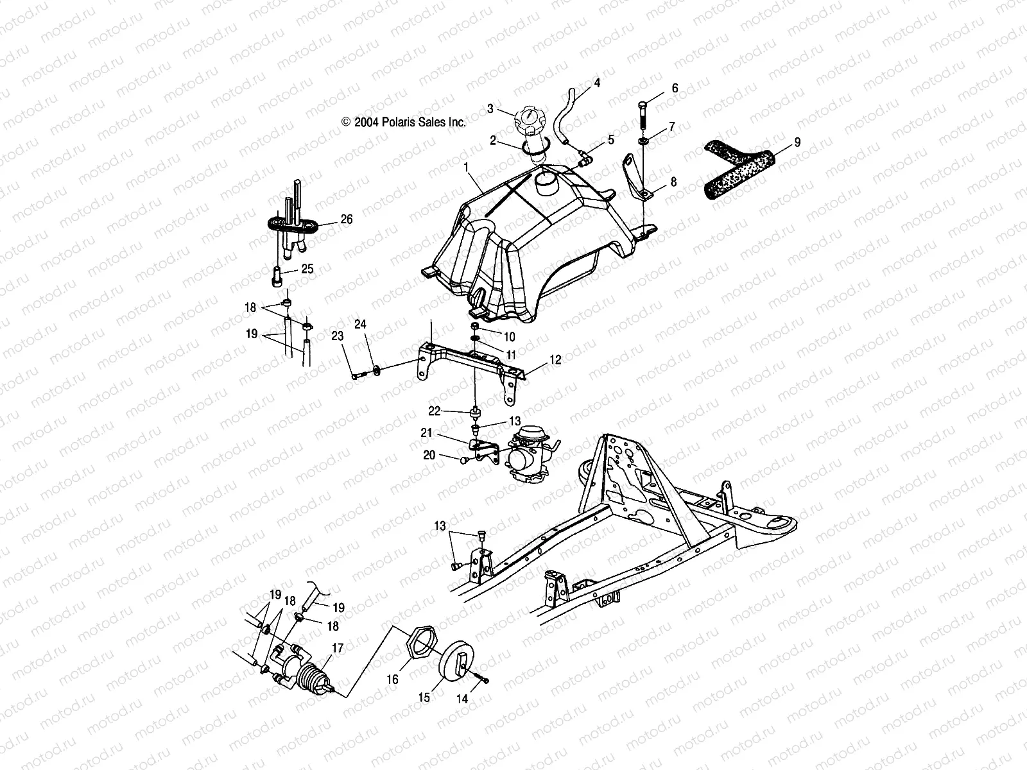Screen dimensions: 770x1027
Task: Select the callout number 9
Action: (x=797, y=142)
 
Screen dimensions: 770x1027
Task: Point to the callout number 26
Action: (x=346, y=219)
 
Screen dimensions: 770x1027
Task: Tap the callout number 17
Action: (x=338, y=649)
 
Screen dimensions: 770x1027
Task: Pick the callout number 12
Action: (x=555, y=360)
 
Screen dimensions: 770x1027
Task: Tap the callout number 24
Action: (x=360, y=325)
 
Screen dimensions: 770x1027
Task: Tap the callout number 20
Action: (x=429, y=455)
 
